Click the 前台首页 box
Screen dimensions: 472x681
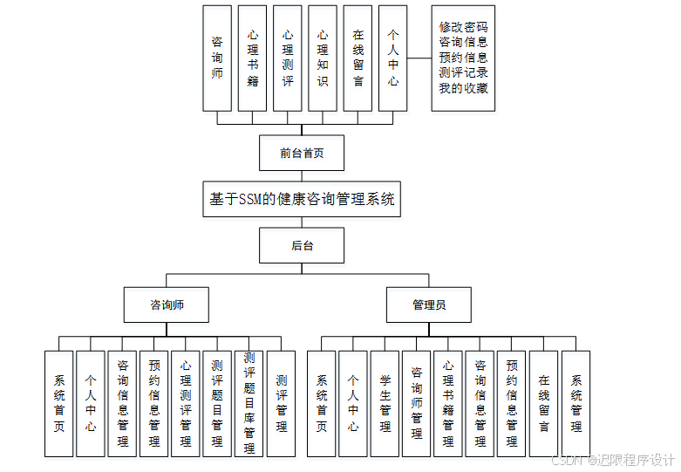(x=302, y=153)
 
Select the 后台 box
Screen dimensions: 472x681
(x=302, y=245)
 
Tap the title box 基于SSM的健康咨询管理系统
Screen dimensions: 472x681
(x=302, y=199)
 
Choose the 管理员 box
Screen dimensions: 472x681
(x=429, y=304)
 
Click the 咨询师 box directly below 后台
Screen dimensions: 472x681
(x=167, y=304)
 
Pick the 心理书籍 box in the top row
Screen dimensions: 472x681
(x=253, y=58)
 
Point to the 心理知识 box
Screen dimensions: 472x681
(x=323, y=58)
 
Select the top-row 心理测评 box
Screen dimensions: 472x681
(x=288, y=58)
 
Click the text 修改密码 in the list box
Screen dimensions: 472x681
(x=463, y=27)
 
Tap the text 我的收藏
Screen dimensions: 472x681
(x=463, y=88)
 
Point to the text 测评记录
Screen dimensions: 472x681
(x=463, y=72)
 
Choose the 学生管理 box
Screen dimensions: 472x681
(x=385, y=404)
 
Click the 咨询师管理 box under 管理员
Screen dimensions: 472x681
(x=417, y=404)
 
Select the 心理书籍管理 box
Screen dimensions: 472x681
(x=448, y=404)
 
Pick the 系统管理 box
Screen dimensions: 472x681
(x=575, y=404)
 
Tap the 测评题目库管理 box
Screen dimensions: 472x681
(x=249, y=404)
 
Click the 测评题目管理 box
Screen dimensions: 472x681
(x=217, y=404)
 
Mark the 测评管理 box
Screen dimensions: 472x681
(x=281, y=404)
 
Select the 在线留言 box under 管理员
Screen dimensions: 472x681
(x=544, y=404)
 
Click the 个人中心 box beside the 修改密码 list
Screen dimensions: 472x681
(x=393, y=58)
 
